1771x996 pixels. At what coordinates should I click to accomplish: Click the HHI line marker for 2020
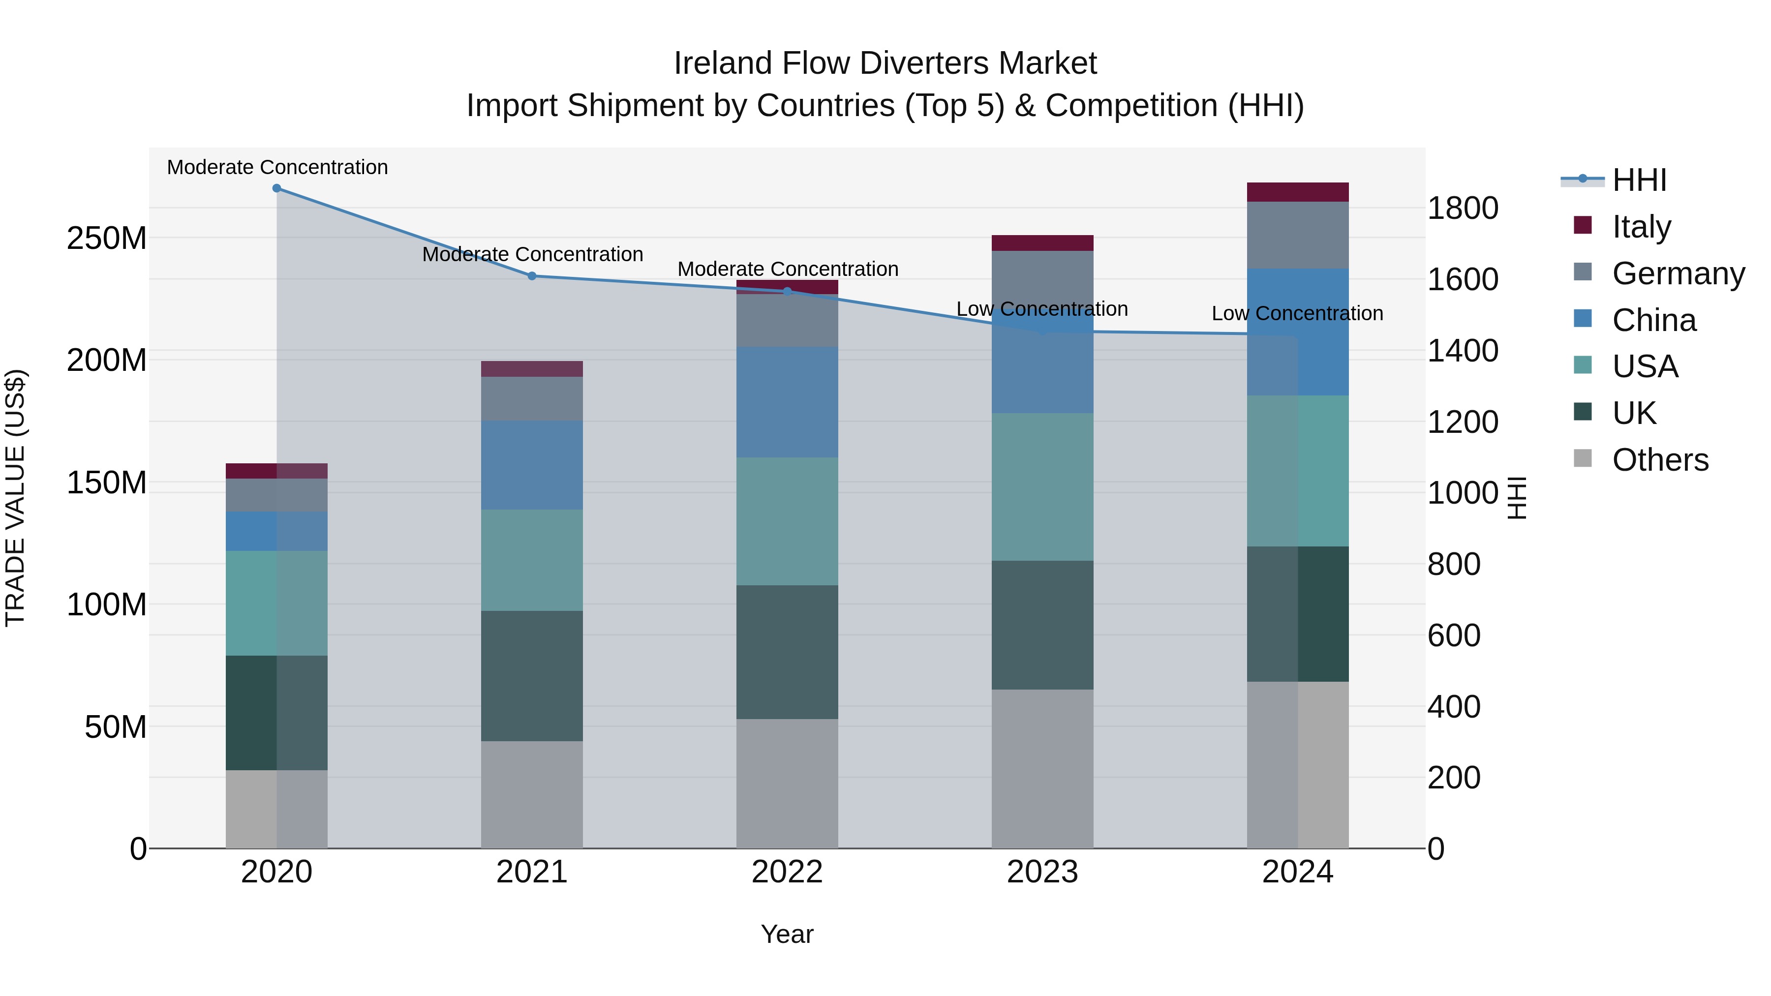click(x=276, y=188)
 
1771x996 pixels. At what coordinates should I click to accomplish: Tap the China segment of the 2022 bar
click(x=787, y=402)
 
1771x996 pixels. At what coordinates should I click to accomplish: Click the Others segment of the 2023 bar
click(x=1042, y=768)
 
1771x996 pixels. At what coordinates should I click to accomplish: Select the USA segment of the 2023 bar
click(x=1042, y=486)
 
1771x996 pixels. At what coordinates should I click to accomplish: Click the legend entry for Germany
click(x=1678, y=273)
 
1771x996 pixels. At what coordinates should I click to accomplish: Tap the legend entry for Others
click(x=1660, y=460)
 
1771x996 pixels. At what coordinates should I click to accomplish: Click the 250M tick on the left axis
click(x=107, y=239)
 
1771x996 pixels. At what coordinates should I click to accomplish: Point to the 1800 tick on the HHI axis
click(x=1463, y=208)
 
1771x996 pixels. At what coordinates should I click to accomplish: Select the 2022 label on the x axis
click(x=787, y=872)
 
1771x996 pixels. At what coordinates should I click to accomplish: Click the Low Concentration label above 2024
click(x=1297, y=313)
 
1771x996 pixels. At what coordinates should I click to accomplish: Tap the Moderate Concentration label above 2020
click(x=277, y=167)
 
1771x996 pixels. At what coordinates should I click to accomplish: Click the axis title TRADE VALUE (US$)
click(x=15, y=498)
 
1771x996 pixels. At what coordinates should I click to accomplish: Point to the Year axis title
click(x=787, y=934)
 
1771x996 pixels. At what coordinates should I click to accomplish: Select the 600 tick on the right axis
click(x=1453, y=635)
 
